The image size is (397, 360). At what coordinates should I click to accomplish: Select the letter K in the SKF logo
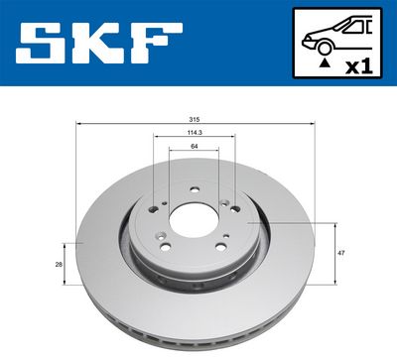(x=98, y=43)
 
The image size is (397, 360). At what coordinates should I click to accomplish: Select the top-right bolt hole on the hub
(x=225, y=204)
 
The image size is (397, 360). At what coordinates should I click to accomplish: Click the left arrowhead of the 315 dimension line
(x=78, y=123)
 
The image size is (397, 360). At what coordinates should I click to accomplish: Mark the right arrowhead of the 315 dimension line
(x=314, y=123)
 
